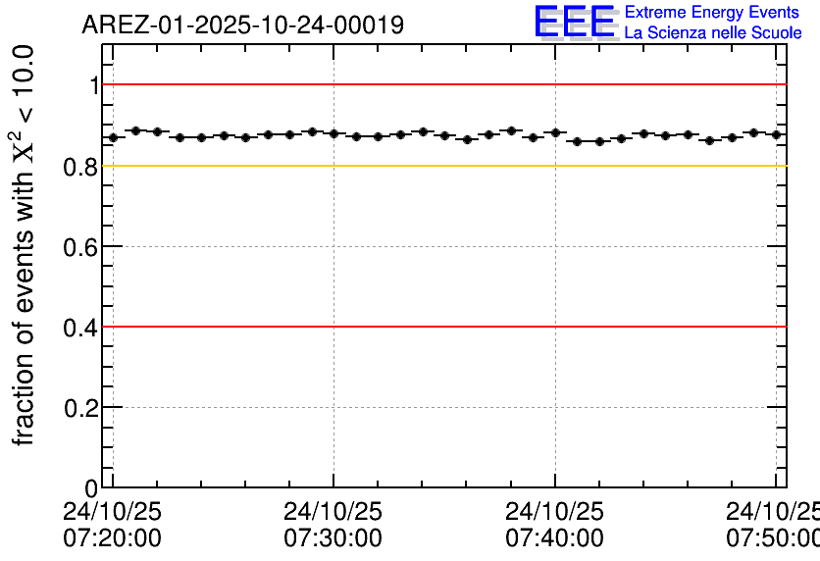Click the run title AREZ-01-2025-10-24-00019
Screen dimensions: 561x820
[242, 25]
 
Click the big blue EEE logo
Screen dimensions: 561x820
[575, 22]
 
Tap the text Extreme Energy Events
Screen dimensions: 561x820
[712, 13]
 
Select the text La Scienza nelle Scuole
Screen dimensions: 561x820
[713, 33]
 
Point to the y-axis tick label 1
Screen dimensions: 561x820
[94, 86]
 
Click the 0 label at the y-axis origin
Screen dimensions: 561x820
[92, 488]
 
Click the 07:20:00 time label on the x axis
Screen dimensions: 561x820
[112, 538]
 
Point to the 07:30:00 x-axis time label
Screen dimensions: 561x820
[333, 538]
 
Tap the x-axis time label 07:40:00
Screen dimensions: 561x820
[554, 538]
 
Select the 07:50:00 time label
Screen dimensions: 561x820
[773, 538]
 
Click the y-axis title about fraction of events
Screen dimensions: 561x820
[26, 245]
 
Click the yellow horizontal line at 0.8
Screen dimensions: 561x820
[441, 165]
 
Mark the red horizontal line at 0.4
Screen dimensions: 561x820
[441, 326]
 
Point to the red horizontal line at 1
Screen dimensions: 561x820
[441, 84]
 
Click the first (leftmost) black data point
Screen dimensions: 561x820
[113, 137]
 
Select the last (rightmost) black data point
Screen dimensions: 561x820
[776, 134]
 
